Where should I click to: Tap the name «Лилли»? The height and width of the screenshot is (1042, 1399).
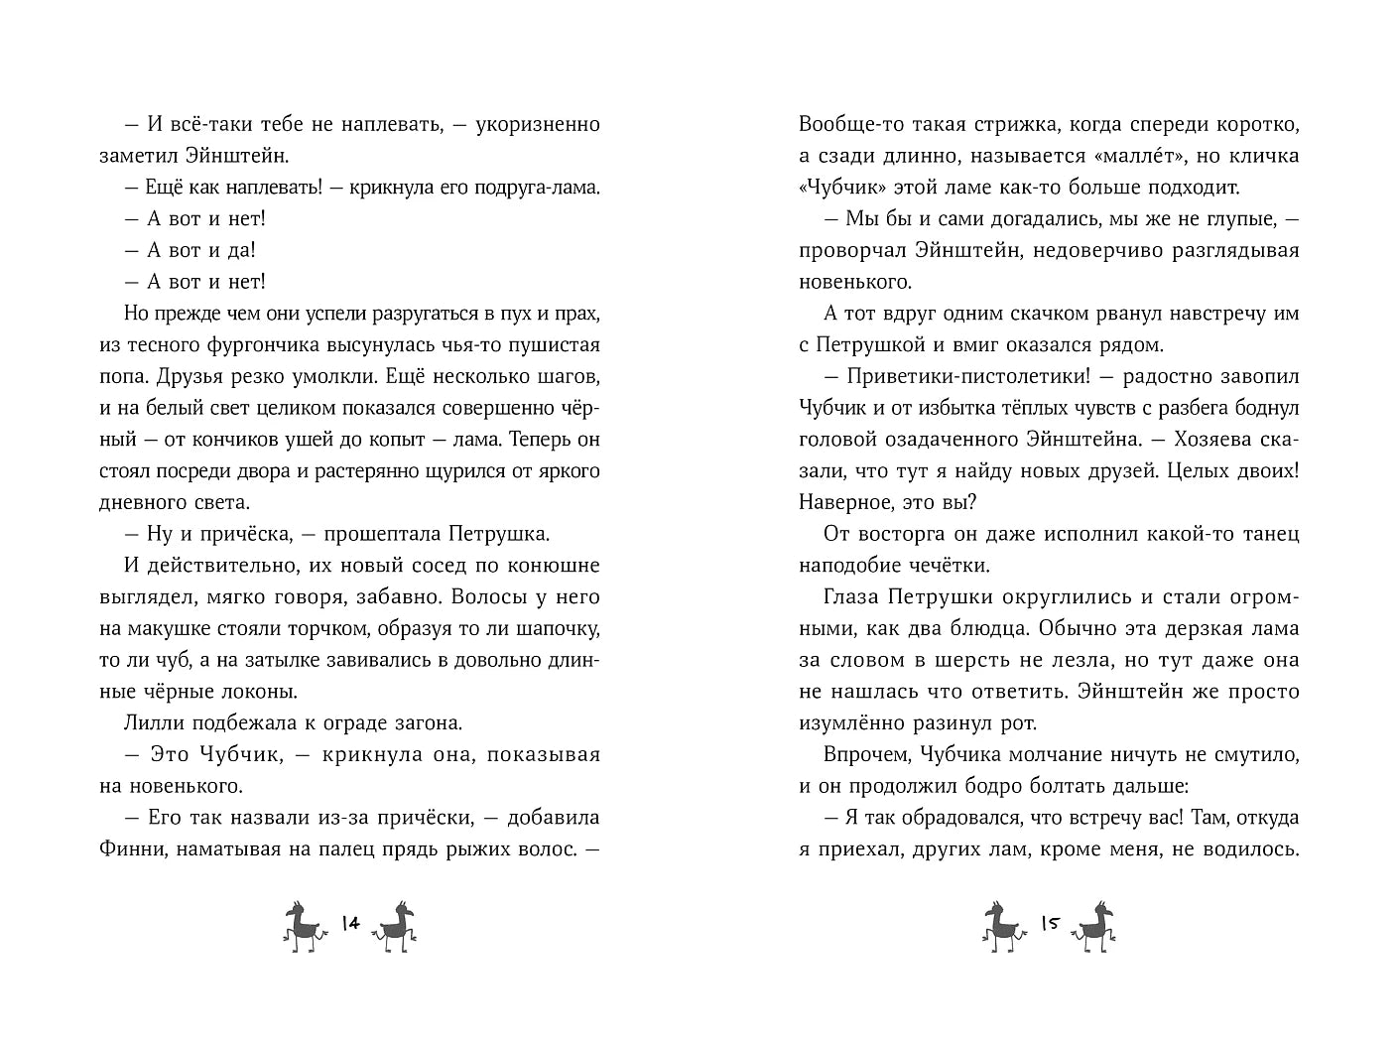[151, 723]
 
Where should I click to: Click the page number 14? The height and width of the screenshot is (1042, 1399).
[349, 923]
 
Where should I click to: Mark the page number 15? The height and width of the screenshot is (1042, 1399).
[1050, 923]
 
